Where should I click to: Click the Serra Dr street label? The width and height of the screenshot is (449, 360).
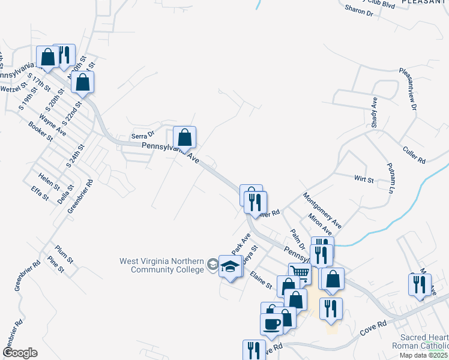pyautogui.click(x=143, y=134)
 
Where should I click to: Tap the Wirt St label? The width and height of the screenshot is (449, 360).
pyautogui.click(x=364, y=179)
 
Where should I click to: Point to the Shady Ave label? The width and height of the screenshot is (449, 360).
pyautogui.click(x=374, y=113)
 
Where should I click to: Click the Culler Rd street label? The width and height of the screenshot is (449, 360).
pyautogui.click(x=414, y=155)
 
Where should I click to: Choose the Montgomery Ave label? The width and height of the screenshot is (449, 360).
pyautogui.click(x=322, y=210)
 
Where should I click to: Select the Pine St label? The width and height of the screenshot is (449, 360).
pyautogui.click(x=55, y=265)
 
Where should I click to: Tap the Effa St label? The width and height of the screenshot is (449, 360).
pyautogui.click(x=40, y=193)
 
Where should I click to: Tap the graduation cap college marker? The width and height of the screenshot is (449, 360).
pyautogui.click(x=229, y=267)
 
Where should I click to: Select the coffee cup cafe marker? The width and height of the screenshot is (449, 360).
pyautogui.click(x=271, y=323)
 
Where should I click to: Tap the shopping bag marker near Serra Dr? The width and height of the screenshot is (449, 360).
pyautogui.click(x=185, y=137)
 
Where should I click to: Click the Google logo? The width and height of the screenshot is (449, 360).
pyautogui.click(x=20, y=353)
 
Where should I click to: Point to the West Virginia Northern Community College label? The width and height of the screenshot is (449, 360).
pyautogui.click(x=162, y=265)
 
